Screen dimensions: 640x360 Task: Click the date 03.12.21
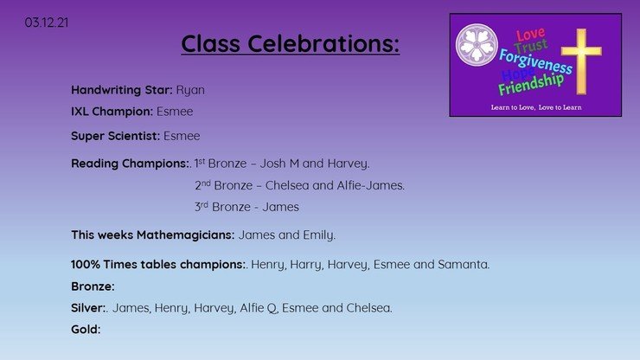pyautogui.click(x=47, y=22)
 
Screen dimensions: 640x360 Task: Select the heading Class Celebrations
pyautogui.click(x=291, y=43)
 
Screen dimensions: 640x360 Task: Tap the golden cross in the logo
pyautogui.click(x=581, y=61)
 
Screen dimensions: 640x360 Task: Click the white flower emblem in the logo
pyautogui.click(x=477, y=44)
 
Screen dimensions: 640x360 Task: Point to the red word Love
pyautogui.click(x=530, y=35)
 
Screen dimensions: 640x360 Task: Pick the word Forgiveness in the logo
pyautogui.click(x=535, y=61)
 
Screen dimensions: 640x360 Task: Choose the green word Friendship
pyautogui.click(x=531, y=84)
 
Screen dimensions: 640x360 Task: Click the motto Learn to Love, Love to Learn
pyautogui.click(x=536, y=107)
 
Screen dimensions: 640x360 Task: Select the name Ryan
pyautogui.click(x=190, y=90)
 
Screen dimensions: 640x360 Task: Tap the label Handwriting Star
pyautogui.click(x=122, y=90)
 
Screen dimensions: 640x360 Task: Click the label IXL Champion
pyautogui.click(x=112, y=111)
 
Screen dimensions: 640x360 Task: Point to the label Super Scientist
pyautogui.click(x=116, y=136)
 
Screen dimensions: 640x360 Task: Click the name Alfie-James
pyautogui.click(x=371, y=185)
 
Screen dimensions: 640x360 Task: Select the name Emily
pyautogui.click(x=319, y=235)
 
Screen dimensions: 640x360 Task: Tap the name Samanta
pyautogui.click(x=464, y=265)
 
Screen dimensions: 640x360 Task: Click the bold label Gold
pyautogui.click(x=86, y=330)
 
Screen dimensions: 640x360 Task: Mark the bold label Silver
pyautogui.click(x=88, y=308)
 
